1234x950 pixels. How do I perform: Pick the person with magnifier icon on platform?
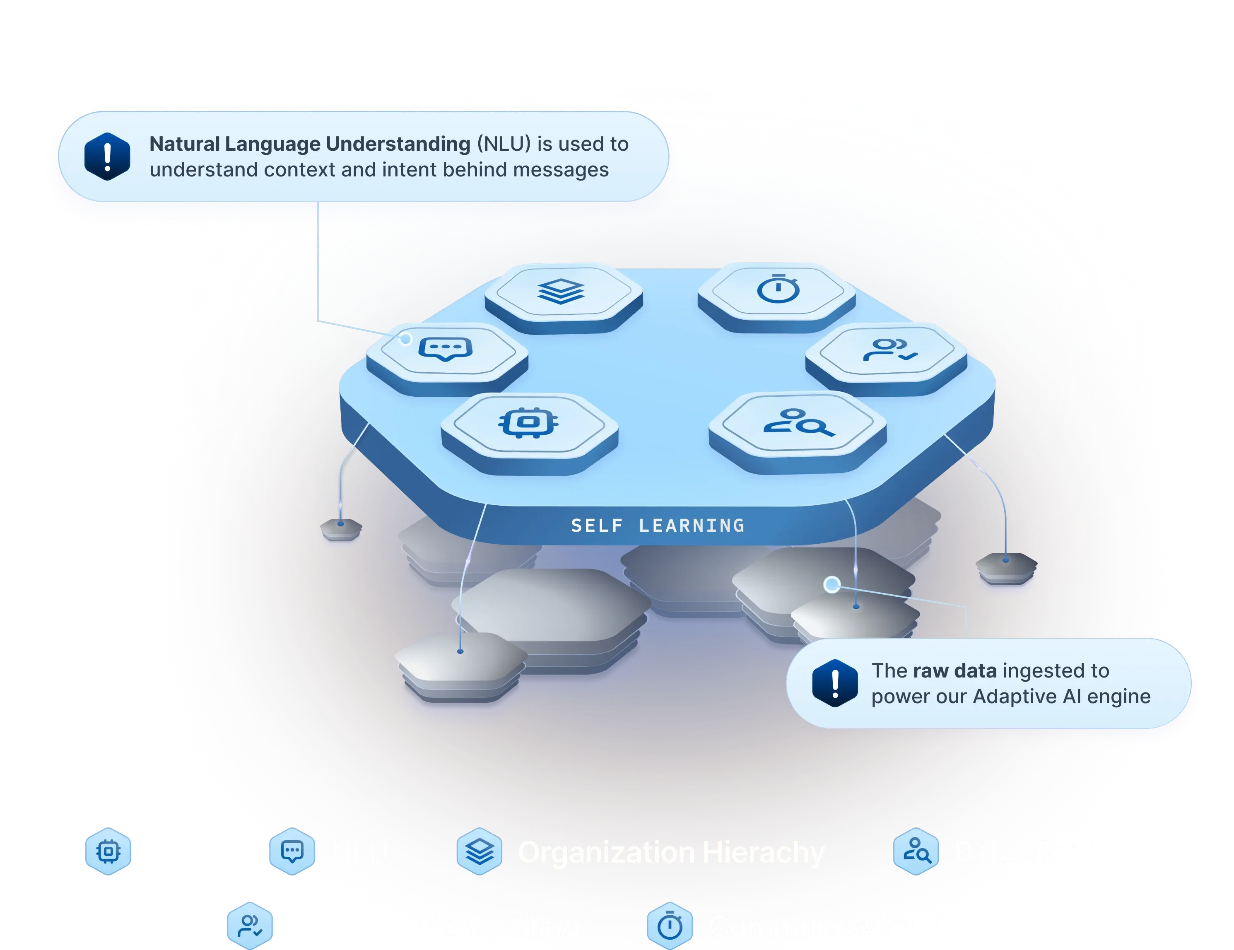point(798,423)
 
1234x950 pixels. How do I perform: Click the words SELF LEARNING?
point(658,526)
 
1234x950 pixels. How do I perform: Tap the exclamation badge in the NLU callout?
point(107,157)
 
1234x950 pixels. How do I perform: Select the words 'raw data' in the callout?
point(954,671)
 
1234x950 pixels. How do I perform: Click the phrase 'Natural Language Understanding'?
point(310,144)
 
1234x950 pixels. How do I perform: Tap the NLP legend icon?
point(108,851)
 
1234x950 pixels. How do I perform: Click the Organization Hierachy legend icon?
point(479,851)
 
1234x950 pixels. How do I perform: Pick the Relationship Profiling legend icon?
point(250,926)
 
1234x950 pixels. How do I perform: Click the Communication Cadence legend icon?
point(670,926)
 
